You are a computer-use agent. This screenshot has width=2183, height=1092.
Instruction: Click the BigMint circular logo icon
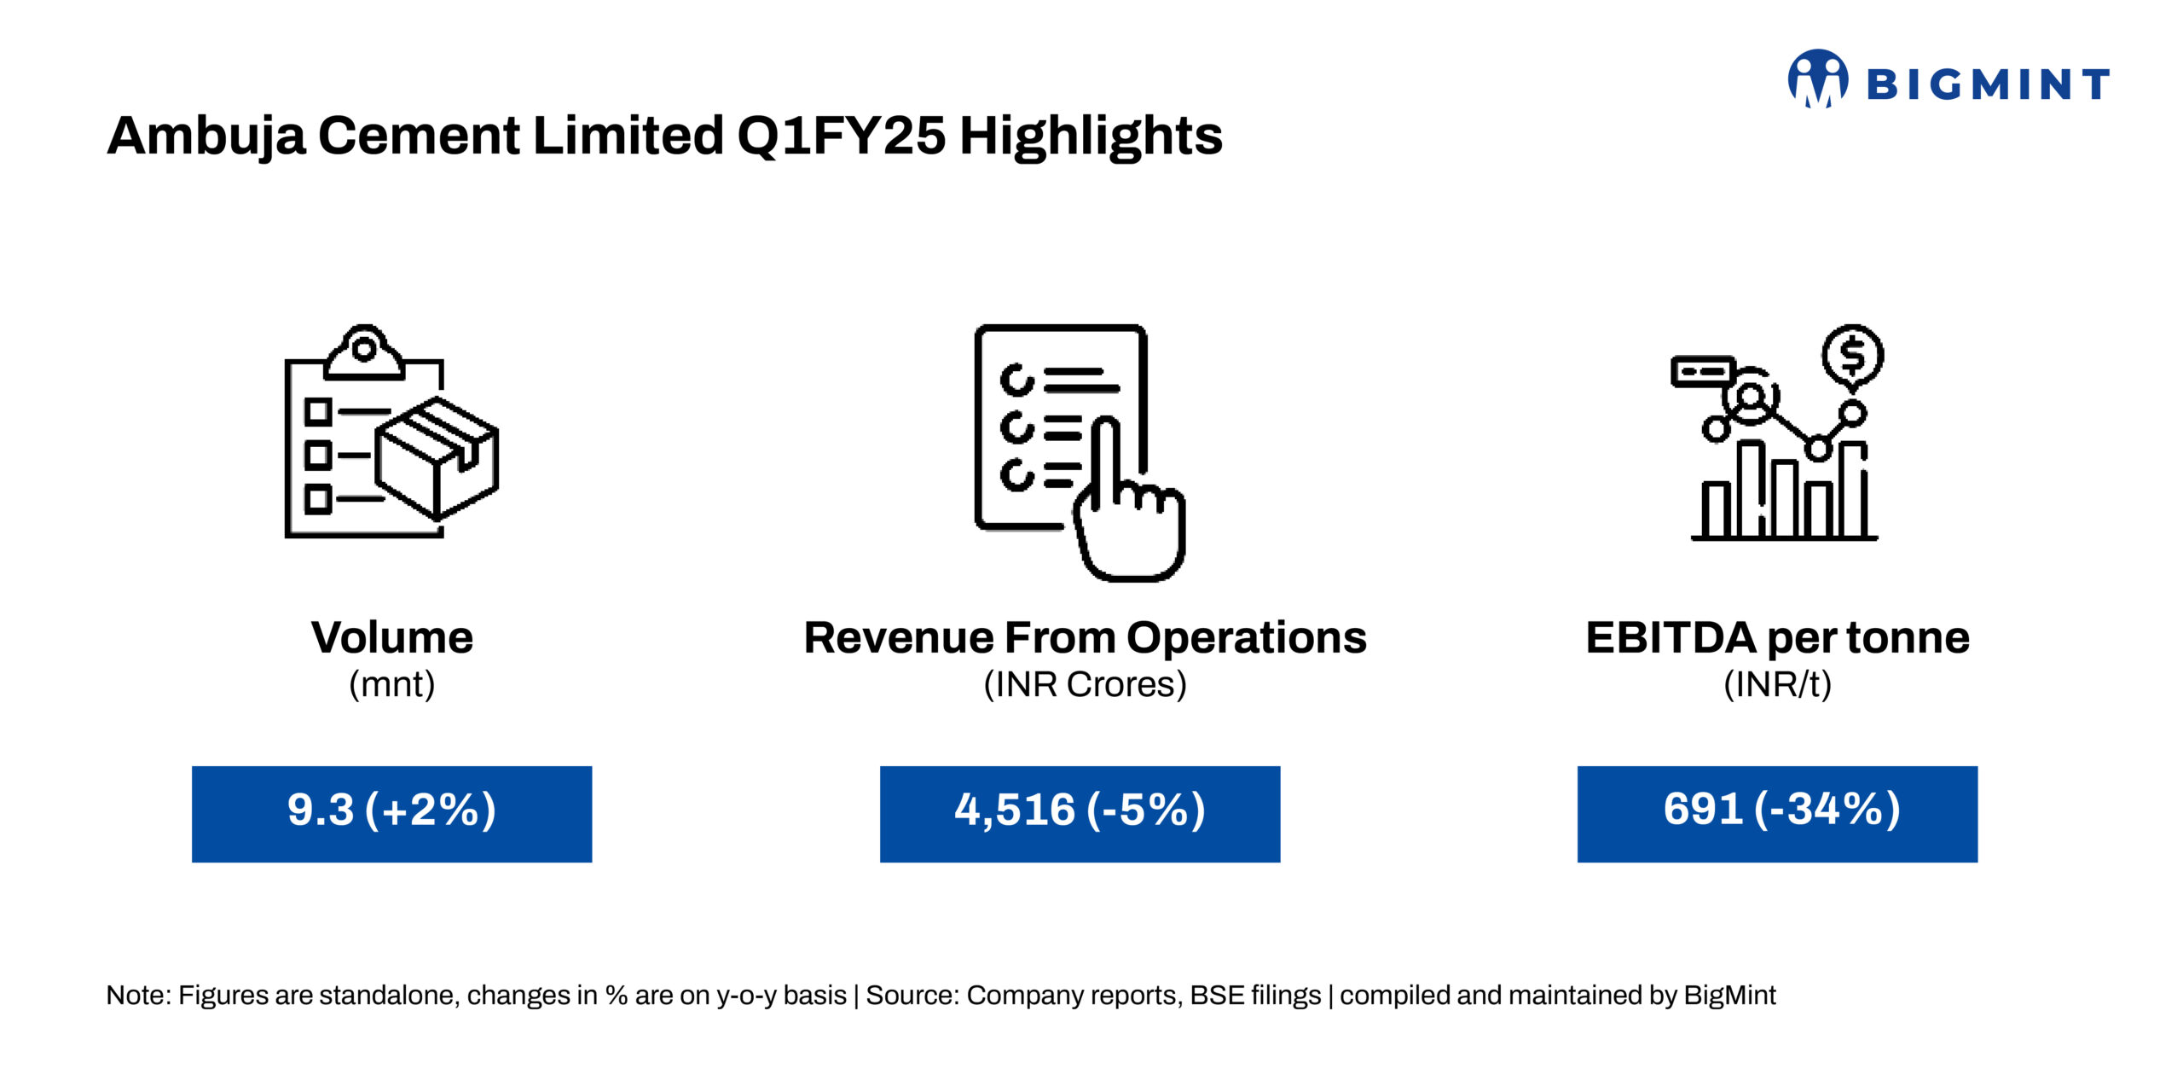point(1818,78)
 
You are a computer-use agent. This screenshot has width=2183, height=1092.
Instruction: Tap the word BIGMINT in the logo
point(1988,84)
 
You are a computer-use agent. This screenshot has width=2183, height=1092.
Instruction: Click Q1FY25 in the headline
point(841,136)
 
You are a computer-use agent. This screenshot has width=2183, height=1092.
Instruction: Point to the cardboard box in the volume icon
point(437,458)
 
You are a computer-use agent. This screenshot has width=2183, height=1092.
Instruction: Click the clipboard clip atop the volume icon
point(364,351)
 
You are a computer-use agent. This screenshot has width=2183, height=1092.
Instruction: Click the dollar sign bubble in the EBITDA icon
point(1853,357)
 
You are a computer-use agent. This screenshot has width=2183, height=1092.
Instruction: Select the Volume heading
point(392,637)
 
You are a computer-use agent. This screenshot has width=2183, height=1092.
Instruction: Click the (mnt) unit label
point(392,684)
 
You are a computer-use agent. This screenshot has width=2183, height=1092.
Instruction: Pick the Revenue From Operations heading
point(1085,638)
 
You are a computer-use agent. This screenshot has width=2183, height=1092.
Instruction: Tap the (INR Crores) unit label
point(1085,684)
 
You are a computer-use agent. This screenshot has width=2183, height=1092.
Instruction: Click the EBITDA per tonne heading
point(1778,638)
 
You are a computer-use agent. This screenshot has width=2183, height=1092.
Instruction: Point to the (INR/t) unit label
point(1778,684)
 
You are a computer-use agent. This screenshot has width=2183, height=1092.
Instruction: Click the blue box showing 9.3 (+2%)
point(392,814)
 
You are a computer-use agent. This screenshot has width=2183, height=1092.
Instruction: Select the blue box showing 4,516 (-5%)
point(1080,814)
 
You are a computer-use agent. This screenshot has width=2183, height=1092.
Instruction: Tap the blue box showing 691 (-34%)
point(1778,814)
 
